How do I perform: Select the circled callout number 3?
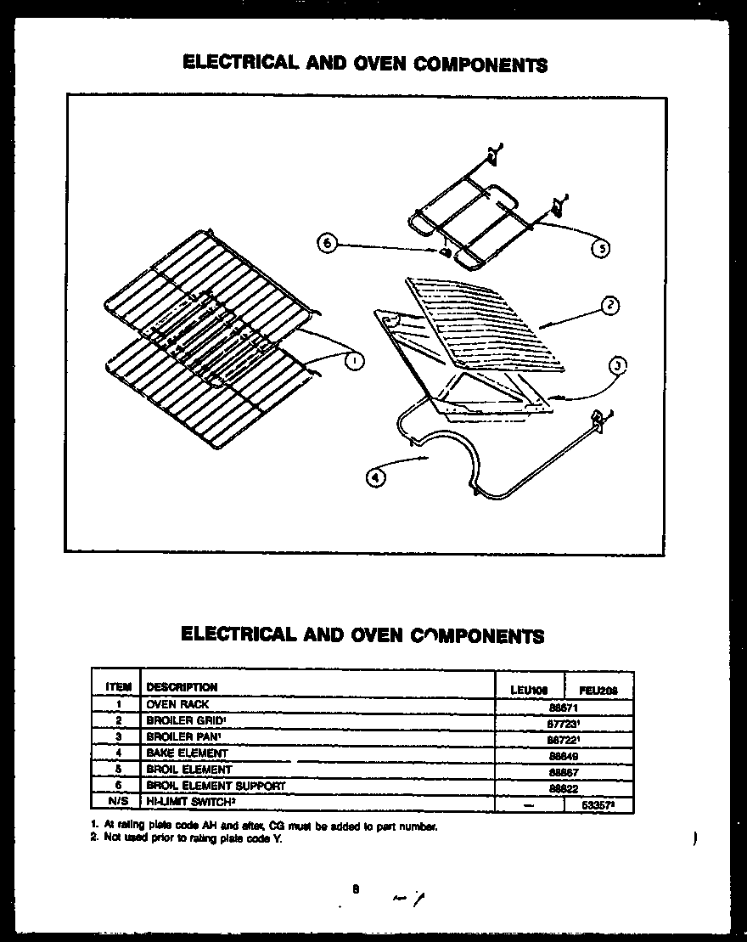point(618,366)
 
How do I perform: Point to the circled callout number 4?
point(374,477)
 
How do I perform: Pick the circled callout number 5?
point(599,248)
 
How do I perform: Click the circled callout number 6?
point(326,244)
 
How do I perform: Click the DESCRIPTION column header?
point(182,687)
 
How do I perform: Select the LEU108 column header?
point(529,691)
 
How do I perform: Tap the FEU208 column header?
point(598,691)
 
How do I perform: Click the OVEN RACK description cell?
point(177,704)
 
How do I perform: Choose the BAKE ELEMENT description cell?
point(187,753)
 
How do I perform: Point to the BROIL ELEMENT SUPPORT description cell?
point(216,786)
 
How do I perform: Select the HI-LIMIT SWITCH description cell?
point(190,802)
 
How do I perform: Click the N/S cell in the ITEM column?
point(118,802)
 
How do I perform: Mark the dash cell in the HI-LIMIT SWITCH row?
point(529,804)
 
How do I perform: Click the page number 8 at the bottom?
point(357,889)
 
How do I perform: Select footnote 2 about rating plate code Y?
point(186,839)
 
